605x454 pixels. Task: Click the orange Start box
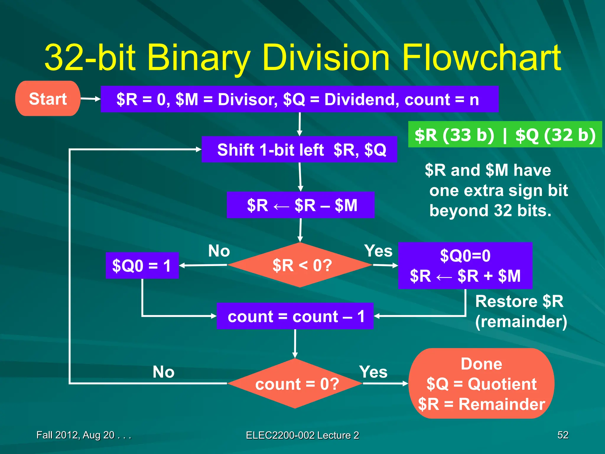tap(48, 98)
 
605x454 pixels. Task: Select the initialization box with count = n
tap(299, 99)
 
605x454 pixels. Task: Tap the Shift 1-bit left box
tap(299, 150)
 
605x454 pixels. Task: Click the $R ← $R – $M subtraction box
tap(300, 205)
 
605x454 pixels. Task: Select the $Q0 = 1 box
tap(142, 265)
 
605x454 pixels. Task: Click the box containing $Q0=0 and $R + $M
tap(465, 265)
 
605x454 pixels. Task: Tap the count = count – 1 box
tap(295, 316)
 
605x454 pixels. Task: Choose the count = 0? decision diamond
tap(295, 384)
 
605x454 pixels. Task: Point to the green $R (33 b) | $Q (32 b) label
tap(505, 134)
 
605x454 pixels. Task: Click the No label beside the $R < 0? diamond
tap(219, 251)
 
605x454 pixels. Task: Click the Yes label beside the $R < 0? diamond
tap(378, 251)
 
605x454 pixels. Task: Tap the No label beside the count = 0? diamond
tap(163, 372)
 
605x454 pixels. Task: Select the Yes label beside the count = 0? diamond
tap(373, 372)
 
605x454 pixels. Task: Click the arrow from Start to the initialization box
tap(90, 99)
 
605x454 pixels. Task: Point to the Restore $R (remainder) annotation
tap(521, 311)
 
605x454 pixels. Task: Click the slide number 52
tap(562, 435)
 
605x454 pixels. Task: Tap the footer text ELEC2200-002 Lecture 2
tap(302, 435)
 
